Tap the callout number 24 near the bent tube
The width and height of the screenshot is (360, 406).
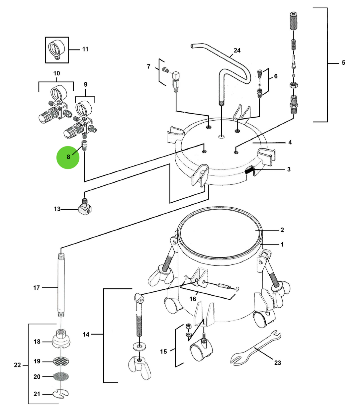point(237,51)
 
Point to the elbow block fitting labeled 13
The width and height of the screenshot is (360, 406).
point(85,208)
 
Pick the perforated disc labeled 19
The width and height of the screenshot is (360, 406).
point(61,361)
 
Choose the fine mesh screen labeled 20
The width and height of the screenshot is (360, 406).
point(61,377)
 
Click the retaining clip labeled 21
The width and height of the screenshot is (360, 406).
point(61,394)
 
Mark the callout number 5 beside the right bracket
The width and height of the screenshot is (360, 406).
point(343,62)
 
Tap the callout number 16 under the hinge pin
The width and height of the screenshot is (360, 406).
point(193,299)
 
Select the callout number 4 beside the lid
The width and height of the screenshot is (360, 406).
point(290,143)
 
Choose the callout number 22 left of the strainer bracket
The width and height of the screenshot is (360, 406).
point(17,365)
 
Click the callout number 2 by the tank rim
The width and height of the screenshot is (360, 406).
point(282,230)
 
